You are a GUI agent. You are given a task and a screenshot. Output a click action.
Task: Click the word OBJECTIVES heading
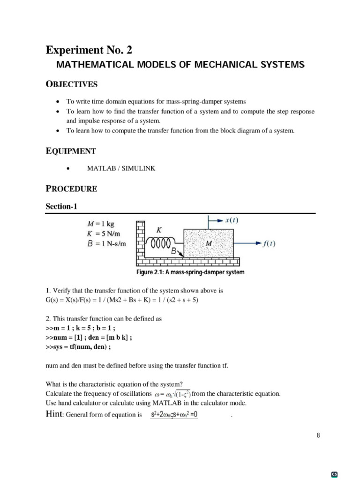71,84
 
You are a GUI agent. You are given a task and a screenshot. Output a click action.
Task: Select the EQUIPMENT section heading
70,151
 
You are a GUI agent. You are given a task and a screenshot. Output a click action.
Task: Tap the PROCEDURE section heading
71,189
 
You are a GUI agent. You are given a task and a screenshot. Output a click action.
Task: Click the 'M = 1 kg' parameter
101,224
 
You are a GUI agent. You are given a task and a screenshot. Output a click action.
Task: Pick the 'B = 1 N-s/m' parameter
107,243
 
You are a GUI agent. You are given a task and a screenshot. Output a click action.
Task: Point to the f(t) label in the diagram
269,243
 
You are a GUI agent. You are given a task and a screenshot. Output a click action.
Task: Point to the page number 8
318,435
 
